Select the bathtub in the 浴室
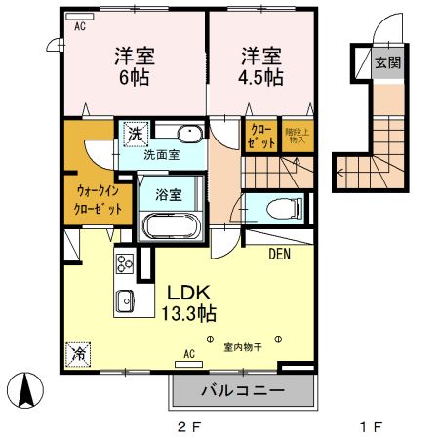172,225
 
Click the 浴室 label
169,193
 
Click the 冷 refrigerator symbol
76,354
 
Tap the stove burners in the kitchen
125,264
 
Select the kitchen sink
126,300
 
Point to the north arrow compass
27,392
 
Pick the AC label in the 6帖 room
79,26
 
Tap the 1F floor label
369,427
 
